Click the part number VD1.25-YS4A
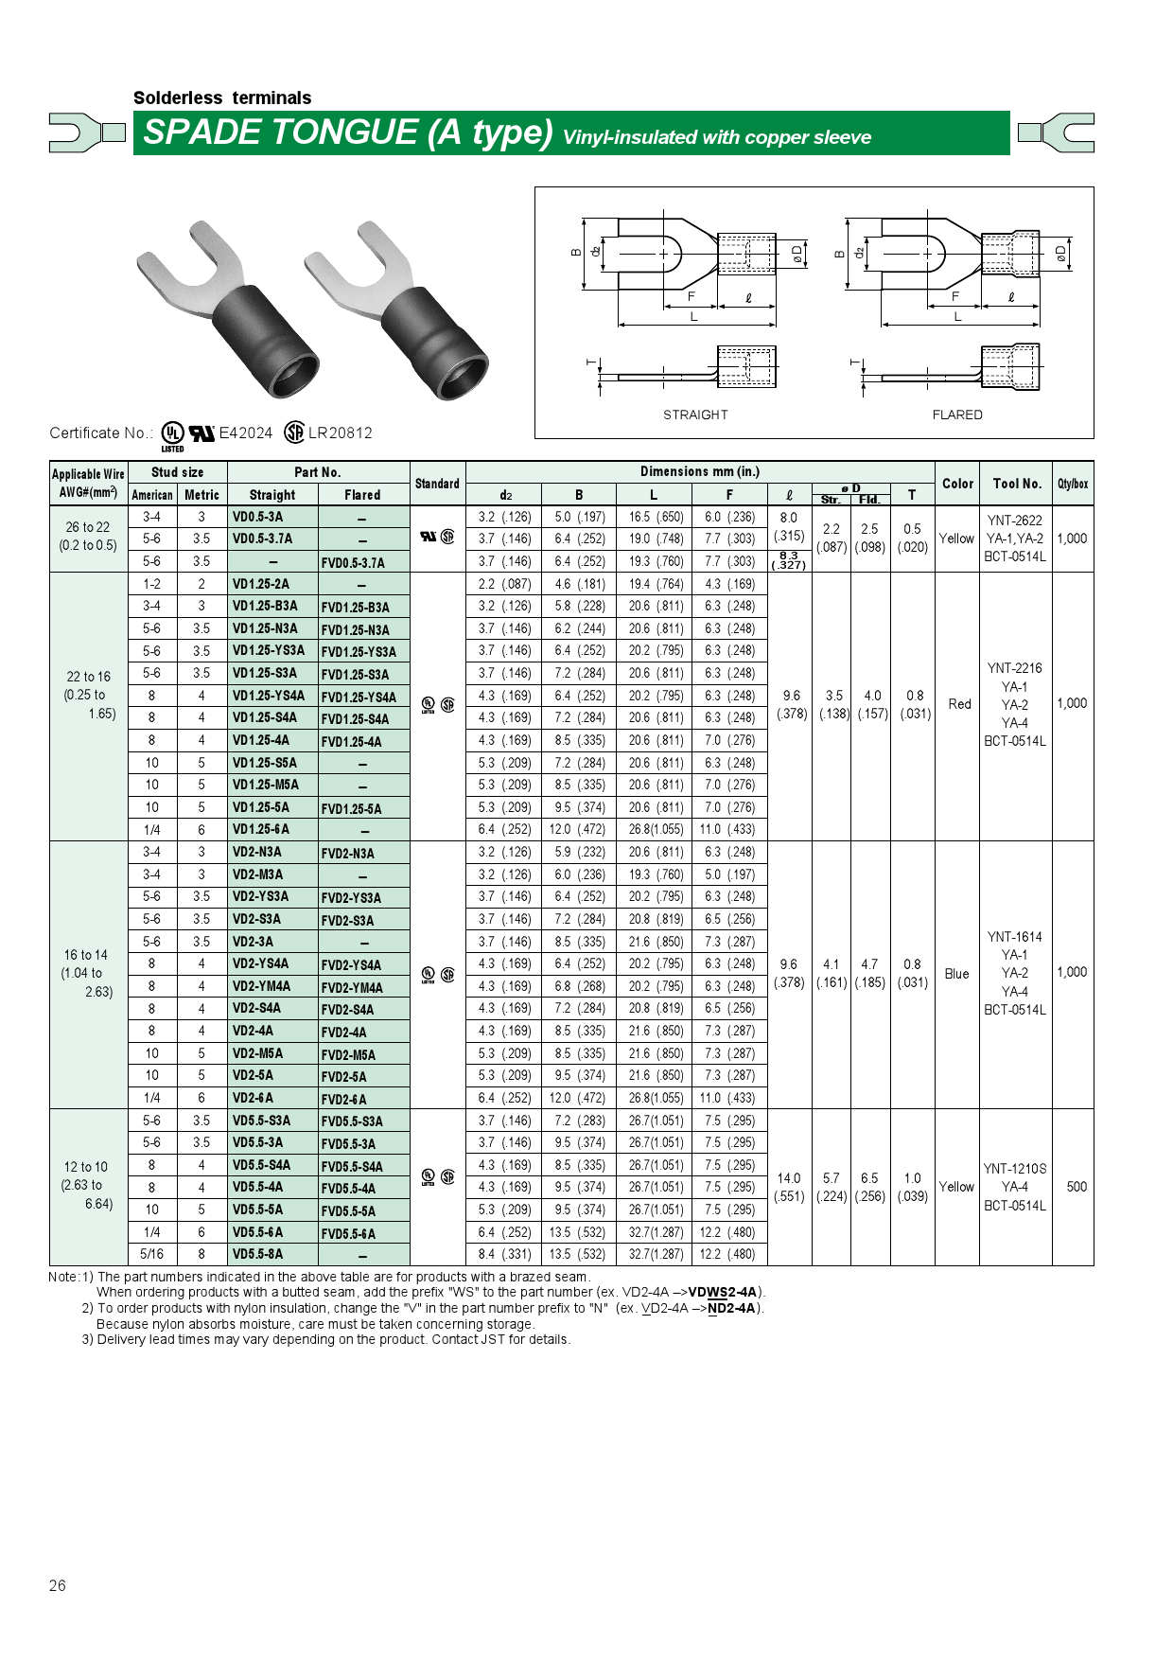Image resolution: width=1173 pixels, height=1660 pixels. tap(269, 696)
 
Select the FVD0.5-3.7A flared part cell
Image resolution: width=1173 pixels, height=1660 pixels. tap(353, 562)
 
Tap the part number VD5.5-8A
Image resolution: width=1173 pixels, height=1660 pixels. tap(258, 1254)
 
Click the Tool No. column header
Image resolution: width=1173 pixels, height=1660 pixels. tap(1017, 484)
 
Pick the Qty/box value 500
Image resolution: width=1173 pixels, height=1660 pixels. tap(1077, 1187)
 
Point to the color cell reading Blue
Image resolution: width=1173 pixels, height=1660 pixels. tap(956, 974)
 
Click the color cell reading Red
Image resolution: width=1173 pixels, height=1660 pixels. tap(959, 704)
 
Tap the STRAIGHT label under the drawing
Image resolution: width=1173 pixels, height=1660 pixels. tap(695, 415)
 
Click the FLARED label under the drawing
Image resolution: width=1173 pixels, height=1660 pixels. tap(957, 415)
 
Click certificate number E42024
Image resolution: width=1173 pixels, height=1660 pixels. tap(245, 433)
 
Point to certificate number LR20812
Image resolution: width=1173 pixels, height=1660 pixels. tap(341, 433)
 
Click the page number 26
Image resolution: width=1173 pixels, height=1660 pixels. tap(58, 1585)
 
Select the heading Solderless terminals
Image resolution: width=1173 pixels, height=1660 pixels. tap(222, 97)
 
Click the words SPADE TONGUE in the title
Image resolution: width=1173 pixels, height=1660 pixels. tap(280, 132)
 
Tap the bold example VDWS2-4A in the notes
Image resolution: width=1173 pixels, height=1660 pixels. tap(723, 1292)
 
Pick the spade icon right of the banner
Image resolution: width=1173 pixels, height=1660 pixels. tap(1058, 132)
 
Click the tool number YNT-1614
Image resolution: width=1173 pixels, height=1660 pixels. tap(1014, 937)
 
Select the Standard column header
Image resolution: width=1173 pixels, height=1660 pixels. tap(437, 484)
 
